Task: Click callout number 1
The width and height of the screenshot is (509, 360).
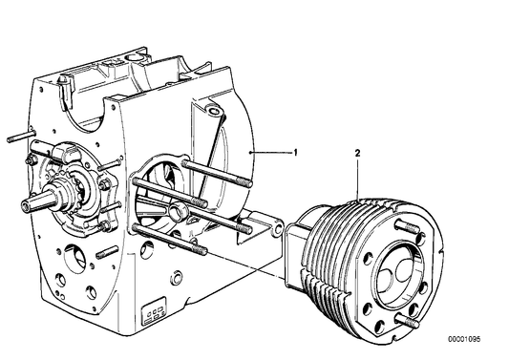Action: pos(295,152)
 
